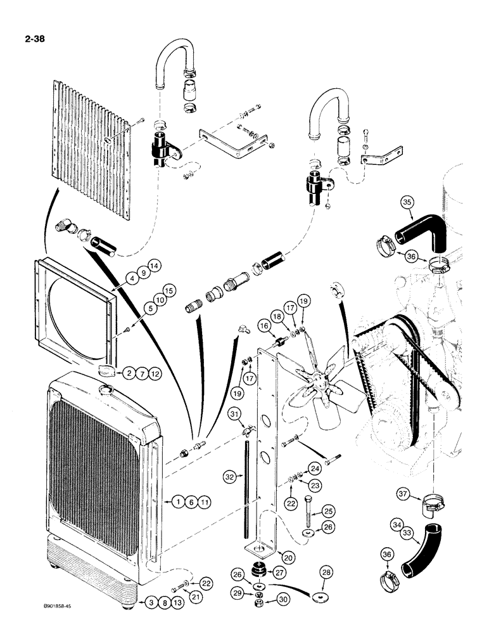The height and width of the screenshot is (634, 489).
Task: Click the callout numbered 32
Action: pos(232,475)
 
